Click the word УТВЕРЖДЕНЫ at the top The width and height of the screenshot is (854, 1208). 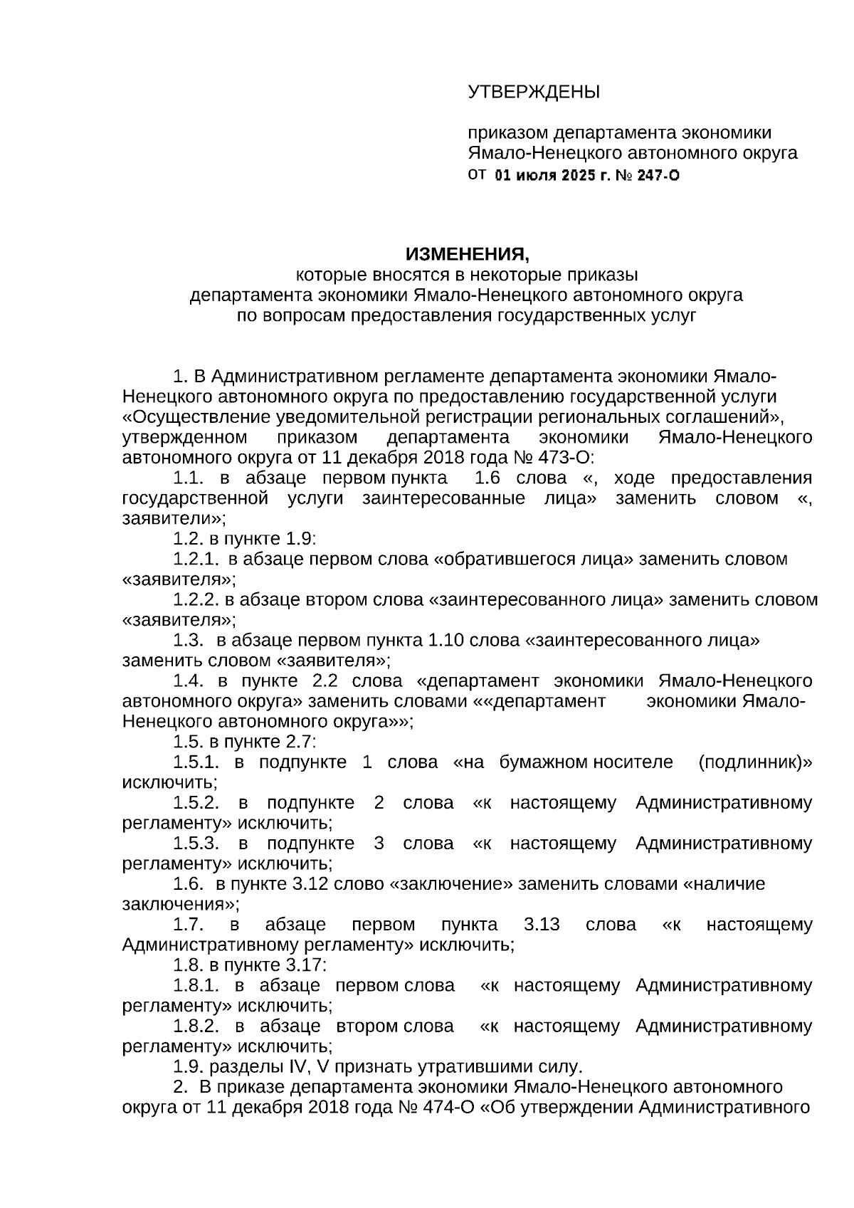click(x=534, y=92)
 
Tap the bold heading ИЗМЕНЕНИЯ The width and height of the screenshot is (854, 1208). click(x=468, y=254)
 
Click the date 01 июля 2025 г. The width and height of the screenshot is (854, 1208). click(x=552, y=175)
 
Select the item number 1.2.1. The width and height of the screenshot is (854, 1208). click(x=196, y=559)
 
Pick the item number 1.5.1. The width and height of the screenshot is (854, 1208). click(x=196, y=762)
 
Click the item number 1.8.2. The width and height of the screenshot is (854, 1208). click(x=196, y=1026)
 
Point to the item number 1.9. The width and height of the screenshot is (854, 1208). click(x=188, y=1067)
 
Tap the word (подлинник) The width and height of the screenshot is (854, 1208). click(x=754, y=762)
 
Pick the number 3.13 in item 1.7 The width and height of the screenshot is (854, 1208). click(x=542, y=925)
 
